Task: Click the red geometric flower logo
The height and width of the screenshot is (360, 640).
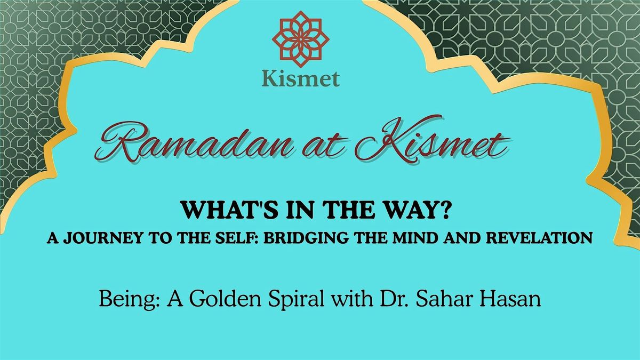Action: click(301, 39)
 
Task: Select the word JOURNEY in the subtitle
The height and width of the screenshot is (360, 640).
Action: click(103, 238)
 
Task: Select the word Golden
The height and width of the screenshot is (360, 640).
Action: click(225, 299)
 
